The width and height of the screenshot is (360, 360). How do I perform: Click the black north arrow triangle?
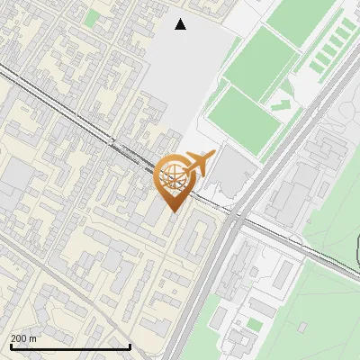pos(181,24)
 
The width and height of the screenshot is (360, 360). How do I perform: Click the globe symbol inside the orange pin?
pos(174,176)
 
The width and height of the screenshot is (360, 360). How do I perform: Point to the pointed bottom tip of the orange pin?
pos(174,211)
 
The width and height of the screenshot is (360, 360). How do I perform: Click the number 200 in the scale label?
pos(19,338)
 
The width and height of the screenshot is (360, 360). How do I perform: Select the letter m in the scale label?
pos(34,338)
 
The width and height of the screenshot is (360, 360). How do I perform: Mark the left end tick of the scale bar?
pos(9,346)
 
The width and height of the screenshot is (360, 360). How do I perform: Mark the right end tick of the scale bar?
pos(130,346)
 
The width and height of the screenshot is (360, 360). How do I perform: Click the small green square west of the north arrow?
pos(92,18)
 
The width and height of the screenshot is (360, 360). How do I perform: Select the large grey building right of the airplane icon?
pos(233,170)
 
